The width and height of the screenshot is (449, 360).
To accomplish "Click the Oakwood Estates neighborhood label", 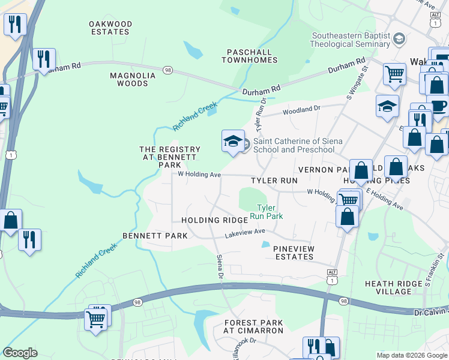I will (110, 28).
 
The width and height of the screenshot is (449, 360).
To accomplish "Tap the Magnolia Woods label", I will (133, 79).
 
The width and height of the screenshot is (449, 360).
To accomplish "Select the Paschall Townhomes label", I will (249, 56).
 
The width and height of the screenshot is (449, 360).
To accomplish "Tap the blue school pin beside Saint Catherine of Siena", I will (232, 142).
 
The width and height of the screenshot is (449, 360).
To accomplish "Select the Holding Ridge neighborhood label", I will (214, 221).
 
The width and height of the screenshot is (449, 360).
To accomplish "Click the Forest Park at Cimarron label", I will (253, 326).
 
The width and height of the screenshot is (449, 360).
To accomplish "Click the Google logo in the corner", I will (20, 352).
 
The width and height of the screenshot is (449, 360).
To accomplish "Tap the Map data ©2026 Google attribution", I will (411, 355).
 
